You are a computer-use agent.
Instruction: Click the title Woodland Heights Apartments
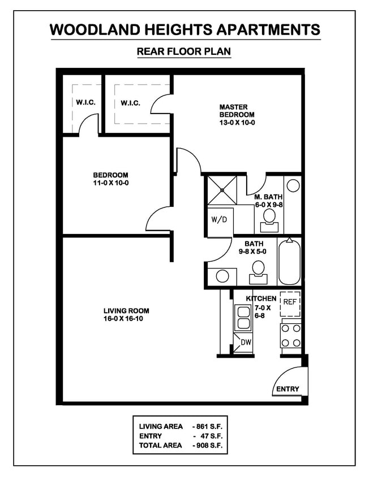tap(184, 29)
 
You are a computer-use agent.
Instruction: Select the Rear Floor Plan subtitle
tap(184, 52)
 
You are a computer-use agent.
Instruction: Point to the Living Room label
tap(126, 314)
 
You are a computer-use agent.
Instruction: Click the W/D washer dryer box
tap(218, 219)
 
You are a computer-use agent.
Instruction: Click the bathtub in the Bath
tap(290, 262)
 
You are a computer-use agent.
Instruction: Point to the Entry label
tap(287, 389)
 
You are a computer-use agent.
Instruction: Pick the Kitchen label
tap(261, 298)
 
